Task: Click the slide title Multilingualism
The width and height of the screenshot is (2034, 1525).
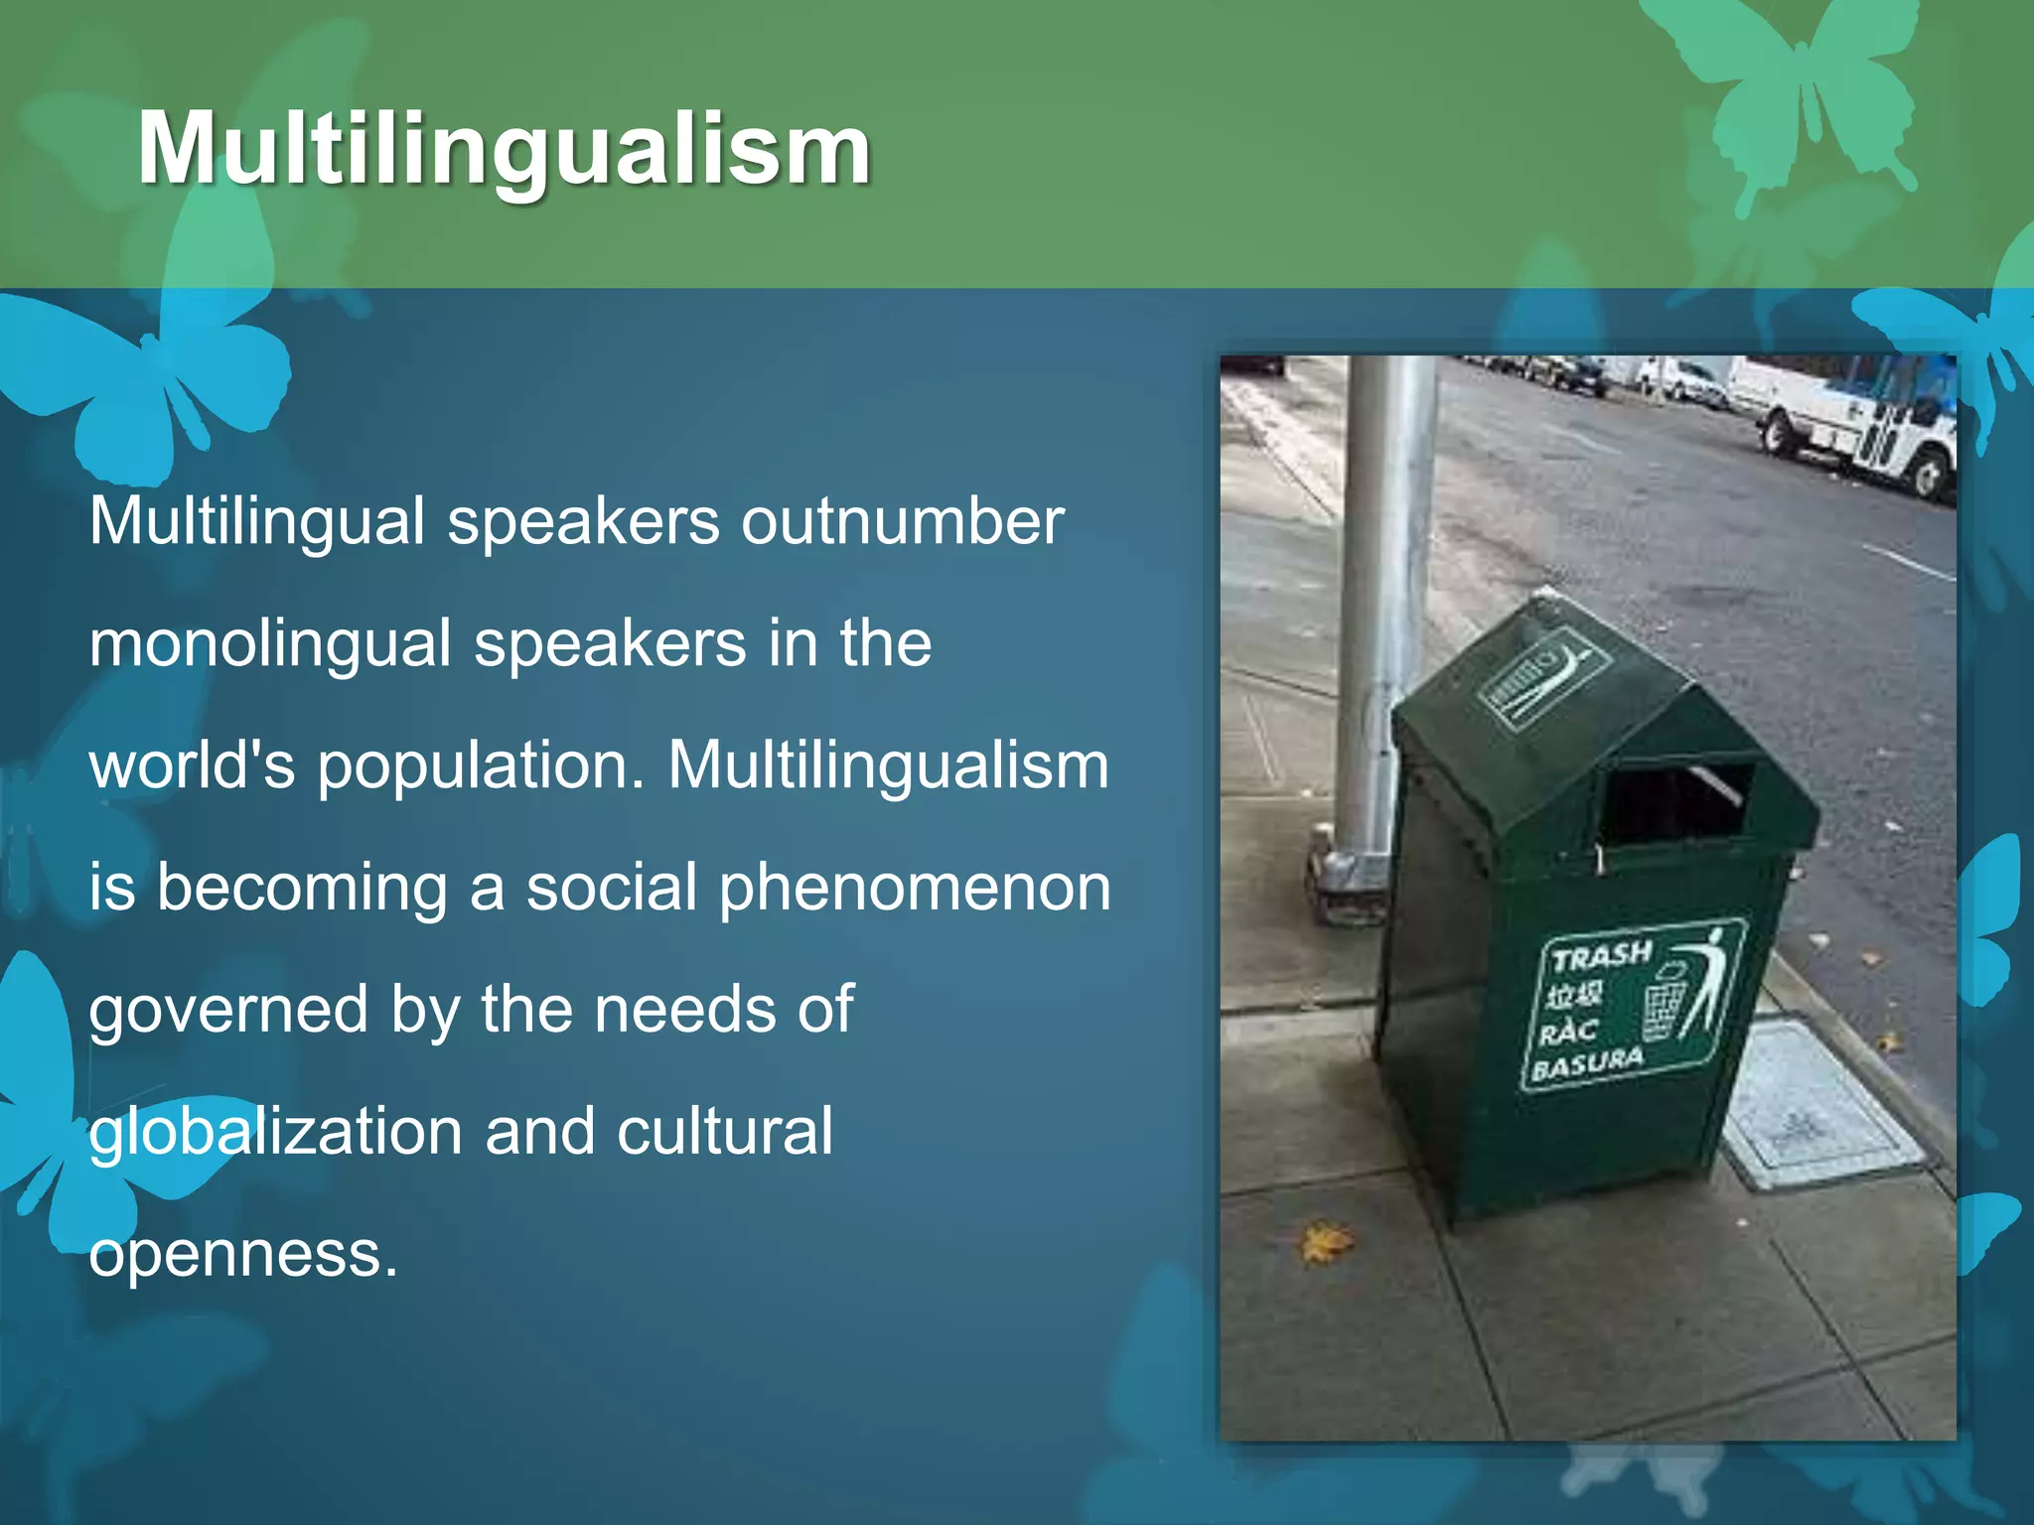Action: pos(504,149)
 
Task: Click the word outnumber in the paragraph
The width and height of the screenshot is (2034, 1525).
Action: pos(903,521)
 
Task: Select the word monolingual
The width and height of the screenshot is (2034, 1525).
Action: pos(270,643)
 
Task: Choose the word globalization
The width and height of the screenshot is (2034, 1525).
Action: pos(275,1132)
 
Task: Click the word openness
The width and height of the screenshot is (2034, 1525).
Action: pos(243,1254)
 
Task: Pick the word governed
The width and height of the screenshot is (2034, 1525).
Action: pos(227,1010)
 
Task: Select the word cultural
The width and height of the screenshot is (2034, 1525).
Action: pos(724,1132)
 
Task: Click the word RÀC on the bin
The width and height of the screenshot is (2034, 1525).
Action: pos(1566,1032)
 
